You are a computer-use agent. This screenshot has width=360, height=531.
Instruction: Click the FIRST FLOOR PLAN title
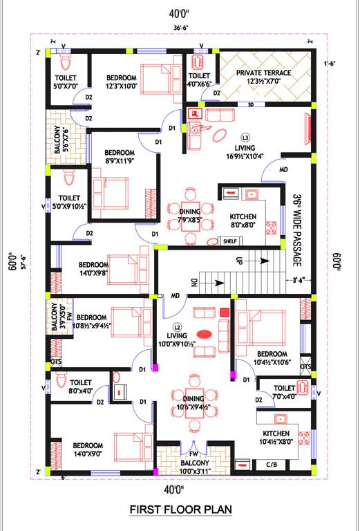coord(180,510)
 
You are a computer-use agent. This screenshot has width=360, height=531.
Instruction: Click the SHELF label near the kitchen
coord(230,241)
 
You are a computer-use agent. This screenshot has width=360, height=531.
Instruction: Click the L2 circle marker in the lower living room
coord(178,326)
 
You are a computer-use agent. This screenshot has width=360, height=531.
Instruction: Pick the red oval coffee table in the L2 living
coord(207,330)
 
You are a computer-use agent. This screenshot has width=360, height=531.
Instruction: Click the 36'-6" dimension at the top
coord(181,28)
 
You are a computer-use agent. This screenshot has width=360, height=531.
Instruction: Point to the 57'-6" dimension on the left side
coord(23,264)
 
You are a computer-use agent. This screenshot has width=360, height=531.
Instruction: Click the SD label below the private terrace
coord(250,104)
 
